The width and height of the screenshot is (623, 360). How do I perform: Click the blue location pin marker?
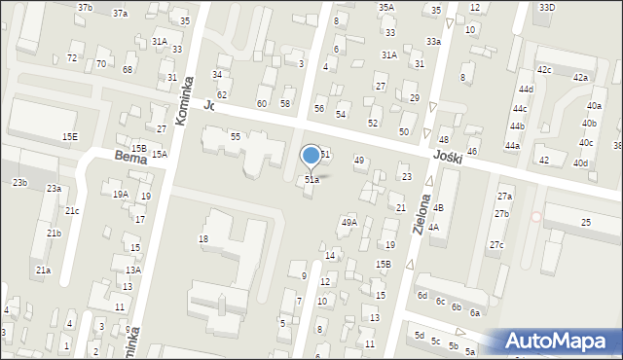click(x=311, y=156)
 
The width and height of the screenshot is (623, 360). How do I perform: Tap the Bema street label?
click(x=129, y=156)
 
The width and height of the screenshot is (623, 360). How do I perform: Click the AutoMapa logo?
click(x=561, y=342)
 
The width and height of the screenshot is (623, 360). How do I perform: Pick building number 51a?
click(x=311, y=180)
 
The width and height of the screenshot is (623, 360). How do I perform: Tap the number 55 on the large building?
click(x=236, y=137)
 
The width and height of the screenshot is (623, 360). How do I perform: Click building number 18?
click(x=203, y=238)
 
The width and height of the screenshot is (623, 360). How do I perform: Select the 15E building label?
click(x=70, y=137)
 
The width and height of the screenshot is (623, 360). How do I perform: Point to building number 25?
click(x=586, y=224)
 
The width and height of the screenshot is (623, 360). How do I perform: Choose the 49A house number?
click(x=348, y=223)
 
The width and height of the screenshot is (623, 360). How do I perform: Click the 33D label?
click(x=546, y=7)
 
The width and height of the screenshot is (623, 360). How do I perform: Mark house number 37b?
click(x=86, y=8)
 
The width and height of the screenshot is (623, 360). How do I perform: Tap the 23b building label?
click(x=19, y=183)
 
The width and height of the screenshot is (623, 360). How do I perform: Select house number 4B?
click(x=438, y=208)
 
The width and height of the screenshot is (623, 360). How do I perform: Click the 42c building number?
click(x=544, y=70)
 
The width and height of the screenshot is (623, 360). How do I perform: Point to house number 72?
click(x=72, y=58)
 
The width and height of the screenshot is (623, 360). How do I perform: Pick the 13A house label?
click(x=133, y=270)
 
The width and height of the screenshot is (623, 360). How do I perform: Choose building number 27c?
click(x=496, y=244)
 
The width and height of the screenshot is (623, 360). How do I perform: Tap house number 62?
click(x=222, y=94)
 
